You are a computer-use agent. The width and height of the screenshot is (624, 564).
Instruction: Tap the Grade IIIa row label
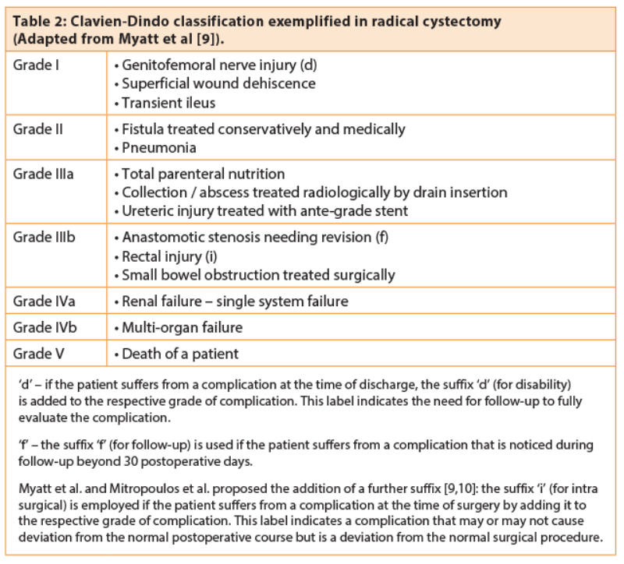44,173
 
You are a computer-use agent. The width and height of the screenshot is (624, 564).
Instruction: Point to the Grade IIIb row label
44,237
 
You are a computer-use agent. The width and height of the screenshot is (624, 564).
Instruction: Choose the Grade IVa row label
44,301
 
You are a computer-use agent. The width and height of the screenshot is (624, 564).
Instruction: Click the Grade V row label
38,354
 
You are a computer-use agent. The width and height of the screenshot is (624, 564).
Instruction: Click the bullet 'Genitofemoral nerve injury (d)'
215,64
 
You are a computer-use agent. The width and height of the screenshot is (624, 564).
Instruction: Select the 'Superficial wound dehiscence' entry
214,83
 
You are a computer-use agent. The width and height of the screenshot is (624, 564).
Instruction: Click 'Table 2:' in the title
38,21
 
